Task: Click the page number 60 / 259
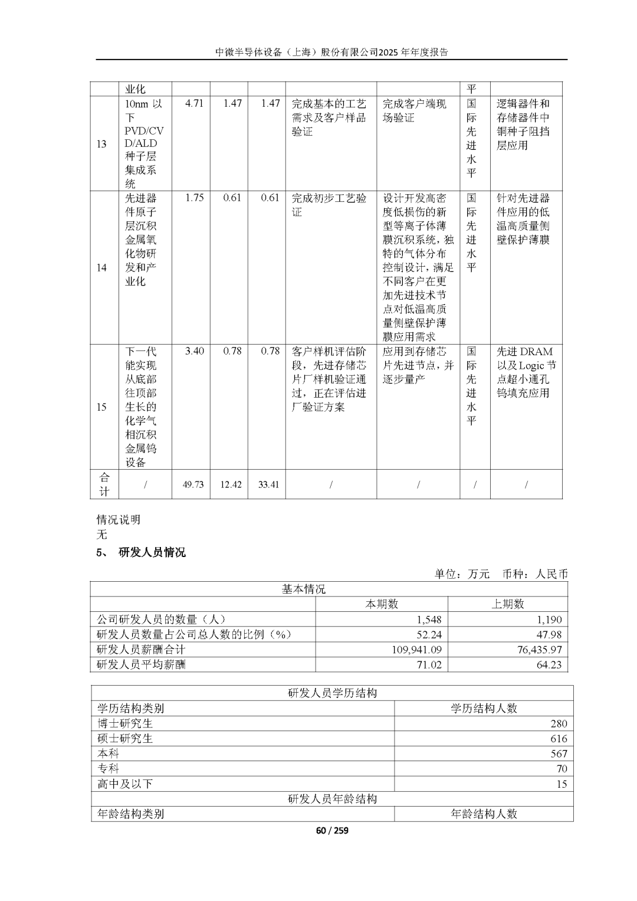(332, 830)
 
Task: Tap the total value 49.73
(193, 484)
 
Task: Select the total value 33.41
(268, 484)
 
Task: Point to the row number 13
(101, 143)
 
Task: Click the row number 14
(101, 267)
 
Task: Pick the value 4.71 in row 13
(194, 103)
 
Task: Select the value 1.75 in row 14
(194, 198)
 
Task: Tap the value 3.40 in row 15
(194, 351)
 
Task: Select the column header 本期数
(382, 604)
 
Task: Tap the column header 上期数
(507, 604)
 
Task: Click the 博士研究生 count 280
(558, 723)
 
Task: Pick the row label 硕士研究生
(125, 738)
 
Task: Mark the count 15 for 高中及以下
(561, 784)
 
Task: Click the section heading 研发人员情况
(152, 552)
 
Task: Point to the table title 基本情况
(303, 589)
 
